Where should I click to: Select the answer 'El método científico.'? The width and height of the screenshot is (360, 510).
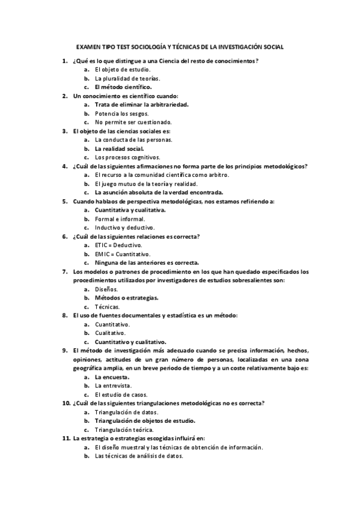click(123, 87)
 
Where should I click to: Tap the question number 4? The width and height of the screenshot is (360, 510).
click(64, 165)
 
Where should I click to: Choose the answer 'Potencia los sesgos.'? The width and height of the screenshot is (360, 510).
click(121, 113)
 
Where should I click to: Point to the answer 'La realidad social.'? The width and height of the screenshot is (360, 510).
click(119, 148)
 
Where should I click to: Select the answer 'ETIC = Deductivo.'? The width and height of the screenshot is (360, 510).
click(118, 245)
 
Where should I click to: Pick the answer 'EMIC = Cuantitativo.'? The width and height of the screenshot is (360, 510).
click(123, 254)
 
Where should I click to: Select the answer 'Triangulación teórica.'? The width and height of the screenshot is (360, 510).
click(124, 430)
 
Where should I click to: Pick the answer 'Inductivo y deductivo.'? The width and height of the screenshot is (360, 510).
click(125, 227)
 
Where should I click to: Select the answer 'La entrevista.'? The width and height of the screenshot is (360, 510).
click(113, 386)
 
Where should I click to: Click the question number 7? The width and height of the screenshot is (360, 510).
click(64, 271)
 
